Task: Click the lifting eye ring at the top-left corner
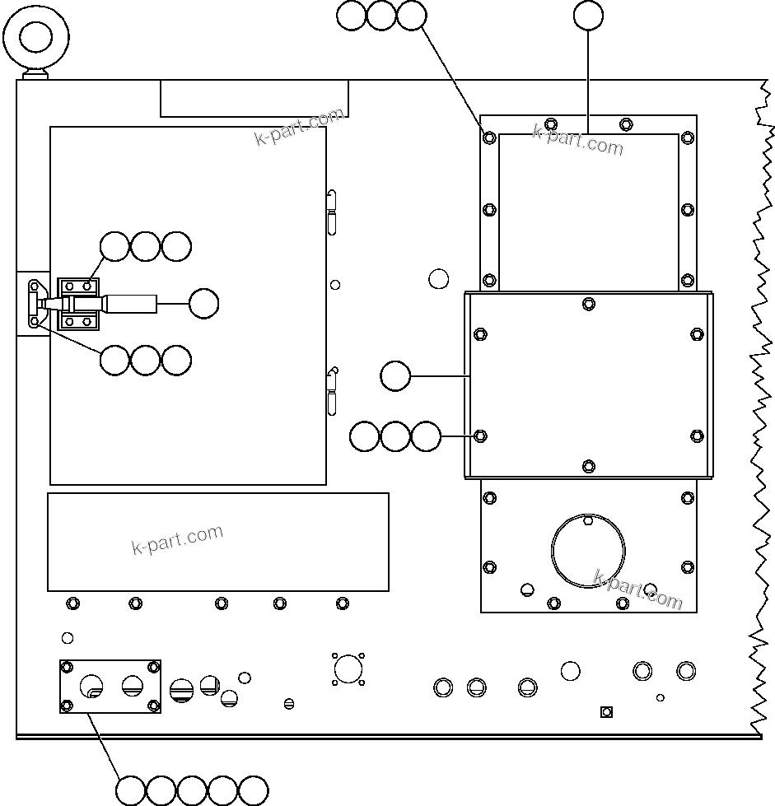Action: pos(36,38)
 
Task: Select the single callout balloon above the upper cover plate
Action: pos(588,16)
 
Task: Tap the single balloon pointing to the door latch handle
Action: pos(203,304)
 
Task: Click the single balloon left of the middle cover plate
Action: pos(396,376)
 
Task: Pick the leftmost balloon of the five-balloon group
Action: pos(131,790)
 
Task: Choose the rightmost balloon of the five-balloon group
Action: pos(253,790)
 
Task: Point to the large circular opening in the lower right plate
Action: pos(587,551)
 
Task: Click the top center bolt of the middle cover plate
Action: pos(588,304)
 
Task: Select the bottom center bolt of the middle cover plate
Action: pos(588,467)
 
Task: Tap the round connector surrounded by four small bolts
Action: pos(348,669)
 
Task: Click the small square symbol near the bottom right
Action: pos(606,711)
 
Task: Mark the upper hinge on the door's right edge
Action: pos(331,211)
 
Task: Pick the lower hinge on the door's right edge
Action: pos(331,391)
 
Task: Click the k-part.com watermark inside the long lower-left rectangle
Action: pos(177,539)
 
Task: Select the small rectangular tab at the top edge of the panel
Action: pos(254,99)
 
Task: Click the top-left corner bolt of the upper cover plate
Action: pos(490,137)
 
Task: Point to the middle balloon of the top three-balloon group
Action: pos(381,16)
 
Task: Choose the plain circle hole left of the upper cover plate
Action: pos(439,279)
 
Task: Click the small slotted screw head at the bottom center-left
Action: pos(288,703)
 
